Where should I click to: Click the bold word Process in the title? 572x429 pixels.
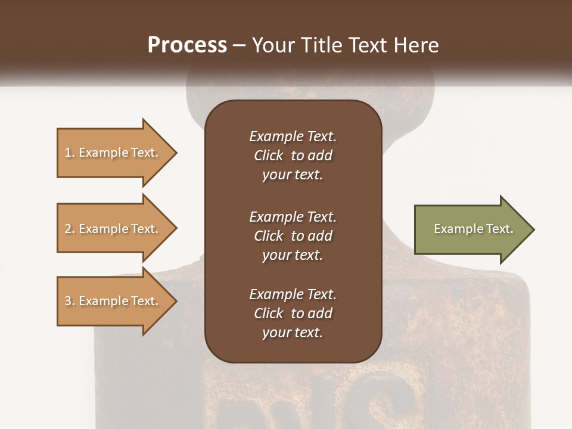click(187, 45)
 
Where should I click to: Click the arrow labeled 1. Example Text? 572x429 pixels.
click(113, 153)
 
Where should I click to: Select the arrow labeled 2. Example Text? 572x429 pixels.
click(113, 229)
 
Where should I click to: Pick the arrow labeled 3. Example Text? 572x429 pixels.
click(113, 301)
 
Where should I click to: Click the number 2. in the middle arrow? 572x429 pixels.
click(70, 229)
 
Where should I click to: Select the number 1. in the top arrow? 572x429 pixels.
click(70, 153)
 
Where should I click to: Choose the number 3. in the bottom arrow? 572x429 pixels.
click(70, 301)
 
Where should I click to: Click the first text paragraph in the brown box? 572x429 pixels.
click(293, 156)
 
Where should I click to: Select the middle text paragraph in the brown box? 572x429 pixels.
click(293, 236)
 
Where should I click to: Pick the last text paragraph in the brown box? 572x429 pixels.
click(293, 313)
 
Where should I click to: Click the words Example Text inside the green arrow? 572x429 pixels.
click(473, 229)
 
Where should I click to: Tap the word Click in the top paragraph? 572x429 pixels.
click(268, 156)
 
